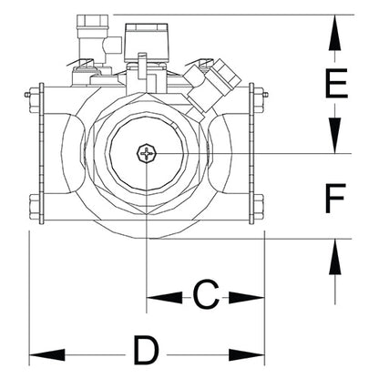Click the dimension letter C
(207, 295)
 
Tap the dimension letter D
(145, 351)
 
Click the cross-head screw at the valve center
(147, 154)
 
